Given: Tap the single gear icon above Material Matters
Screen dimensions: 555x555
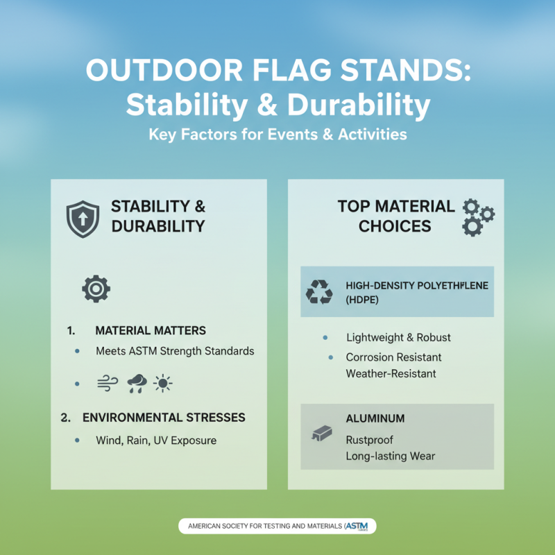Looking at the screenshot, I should (96, 288).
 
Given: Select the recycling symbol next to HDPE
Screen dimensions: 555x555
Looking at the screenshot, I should (319, 292).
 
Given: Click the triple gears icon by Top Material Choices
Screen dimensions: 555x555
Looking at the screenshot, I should (477, 216).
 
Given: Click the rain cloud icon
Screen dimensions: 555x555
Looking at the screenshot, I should (137, 382).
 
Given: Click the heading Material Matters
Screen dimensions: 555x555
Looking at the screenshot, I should (151, 330).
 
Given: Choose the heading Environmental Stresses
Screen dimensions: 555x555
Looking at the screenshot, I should (163, 418).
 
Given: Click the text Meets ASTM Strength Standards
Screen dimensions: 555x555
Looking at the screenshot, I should (175, 351).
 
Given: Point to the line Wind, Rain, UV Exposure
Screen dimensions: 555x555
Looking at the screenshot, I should (156, 441).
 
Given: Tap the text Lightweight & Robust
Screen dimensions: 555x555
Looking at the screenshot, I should (398, 338).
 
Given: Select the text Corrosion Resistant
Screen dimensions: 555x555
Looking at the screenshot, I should (393, 357).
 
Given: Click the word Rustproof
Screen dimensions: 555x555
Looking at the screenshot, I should (370, 440).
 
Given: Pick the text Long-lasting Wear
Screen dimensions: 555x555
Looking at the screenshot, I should (390, 456).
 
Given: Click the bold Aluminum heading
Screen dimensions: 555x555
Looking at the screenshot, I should (375, 419).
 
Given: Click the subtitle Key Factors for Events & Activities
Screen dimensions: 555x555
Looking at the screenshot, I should (277, 134).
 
